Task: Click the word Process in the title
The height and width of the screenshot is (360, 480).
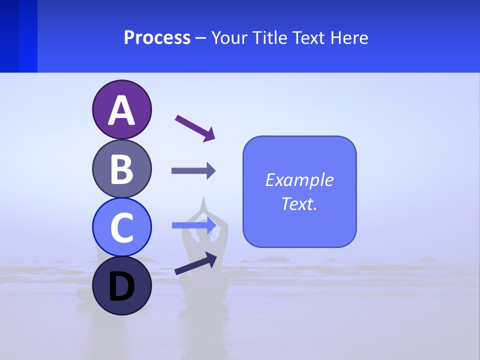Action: pyautogui.click(x=157, y=37)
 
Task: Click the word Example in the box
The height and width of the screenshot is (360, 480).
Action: pyautogui.click(x=299, y=180)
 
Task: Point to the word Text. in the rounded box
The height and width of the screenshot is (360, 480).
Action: pyautogui.click(x=299, y=204)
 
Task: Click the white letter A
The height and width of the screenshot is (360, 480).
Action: pyautogui.click(x=121, y=110)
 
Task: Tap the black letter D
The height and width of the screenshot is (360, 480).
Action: pyautogui.click(x=121, y=287)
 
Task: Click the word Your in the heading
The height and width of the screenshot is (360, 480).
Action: pyautogui.click(x=229, y=37)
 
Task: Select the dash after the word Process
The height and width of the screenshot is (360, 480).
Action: pyautogui.click(x=201, y=38)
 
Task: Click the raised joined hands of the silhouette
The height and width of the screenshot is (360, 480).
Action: pyautogui.click(x=203, y=205)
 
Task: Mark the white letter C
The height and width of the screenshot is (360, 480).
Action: pyautogui.click(x=121, y=227)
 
